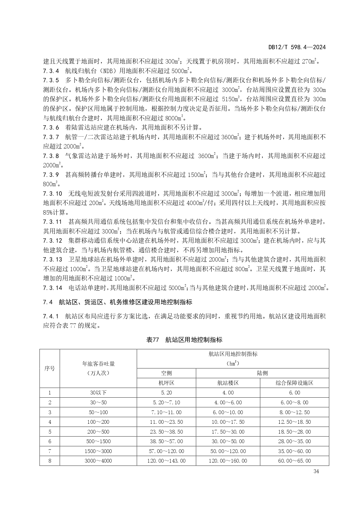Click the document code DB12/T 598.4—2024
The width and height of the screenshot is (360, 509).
[297, 47]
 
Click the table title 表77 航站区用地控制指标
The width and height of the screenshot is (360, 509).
[184, 340]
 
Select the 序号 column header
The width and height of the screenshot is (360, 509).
[50, 368]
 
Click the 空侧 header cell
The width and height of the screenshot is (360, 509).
[166, 373]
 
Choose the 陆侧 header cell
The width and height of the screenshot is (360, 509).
[262, 373]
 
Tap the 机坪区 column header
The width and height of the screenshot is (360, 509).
[166, 383]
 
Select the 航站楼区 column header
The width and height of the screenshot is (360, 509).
[228, 383]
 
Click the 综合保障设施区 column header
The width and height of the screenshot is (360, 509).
[294, 383]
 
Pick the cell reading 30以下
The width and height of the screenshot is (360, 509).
[98, 393]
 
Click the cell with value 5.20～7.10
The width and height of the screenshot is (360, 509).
[166, 403]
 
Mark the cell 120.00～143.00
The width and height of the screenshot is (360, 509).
[166, 461]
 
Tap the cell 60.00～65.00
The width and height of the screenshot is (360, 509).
[294, 461]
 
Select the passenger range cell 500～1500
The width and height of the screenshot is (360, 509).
[98, 441]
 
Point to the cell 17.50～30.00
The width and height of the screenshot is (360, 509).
[228, 432]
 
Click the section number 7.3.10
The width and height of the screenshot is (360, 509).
[53, 193]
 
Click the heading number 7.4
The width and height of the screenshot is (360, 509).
[48, 302]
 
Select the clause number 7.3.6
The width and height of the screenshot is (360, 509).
[51, 127]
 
